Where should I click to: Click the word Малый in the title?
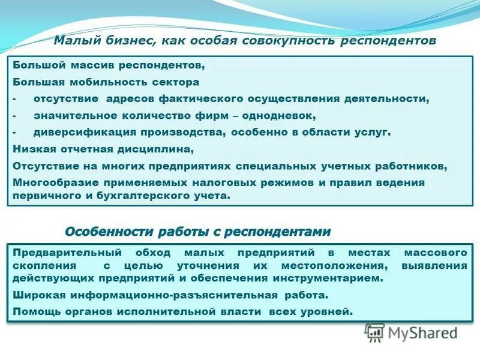73,41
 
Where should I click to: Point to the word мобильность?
103,82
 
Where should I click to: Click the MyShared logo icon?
375,332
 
